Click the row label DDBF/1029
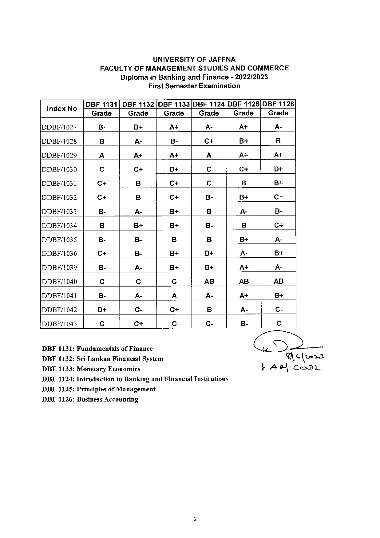tap(59, 155)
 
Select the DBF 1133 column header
tap(174, 104)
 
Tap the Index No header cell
tap(62, 109)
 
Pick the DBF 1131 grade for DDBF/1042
tap(102, 310)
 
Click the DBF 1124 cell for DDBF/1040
tap(209, 282)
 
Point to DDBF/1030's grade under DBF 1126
tap(278, 169)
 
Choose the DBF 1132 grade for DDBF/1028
tap(138, 141)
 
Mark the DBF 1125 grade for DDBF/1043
tap(244, 324)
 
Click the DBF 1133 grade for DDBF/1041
tap(174, 296)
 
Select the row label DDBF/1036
tap(59, 254)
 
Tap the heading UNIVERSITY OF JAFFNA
tap(194, 59)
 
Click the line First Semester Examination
tap(194, 86)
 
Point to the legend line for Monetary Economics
tap(91, 369)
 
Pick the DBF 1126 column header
tap(278, 104)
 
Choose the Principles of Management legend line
tap(99, 389)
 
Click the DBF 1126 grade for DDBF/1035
tap(278, 239)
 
